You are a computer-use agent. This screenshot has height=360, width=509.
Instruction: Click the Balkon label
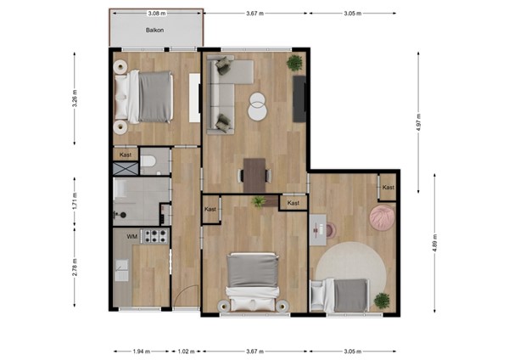(x=154, y=31)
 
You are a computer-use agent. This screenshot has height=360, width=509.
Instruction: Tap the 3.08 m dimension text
(x=155, y=14)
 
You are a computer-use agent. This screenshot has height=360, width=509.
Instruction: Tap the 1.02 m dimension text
(x=186, y=351)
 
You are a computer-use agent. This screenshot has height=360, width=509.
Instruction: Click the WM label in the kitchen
(x=131, y=236)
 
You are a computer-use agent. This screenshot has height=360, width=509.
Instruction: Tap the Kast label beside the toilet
(x=126, y=155)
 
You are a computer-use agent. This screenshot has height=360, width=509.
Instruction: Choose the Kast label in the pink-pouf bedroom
(x=388, y=187)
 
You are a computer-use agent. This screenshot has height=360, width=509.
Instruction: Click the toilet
(x=148, y=161)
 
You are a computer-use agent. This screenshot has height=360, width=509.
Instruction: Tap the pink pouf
(x=382, y=218)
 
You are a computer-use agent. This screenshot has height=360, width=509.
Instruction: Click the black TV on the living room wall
(x=299, y=98)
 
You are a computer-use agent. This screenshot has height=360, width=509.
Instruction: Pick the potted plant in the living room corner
(x=294, y=63)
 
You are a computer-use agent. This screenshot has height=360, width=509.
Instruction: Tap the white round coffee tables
(x=257, y=106)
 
